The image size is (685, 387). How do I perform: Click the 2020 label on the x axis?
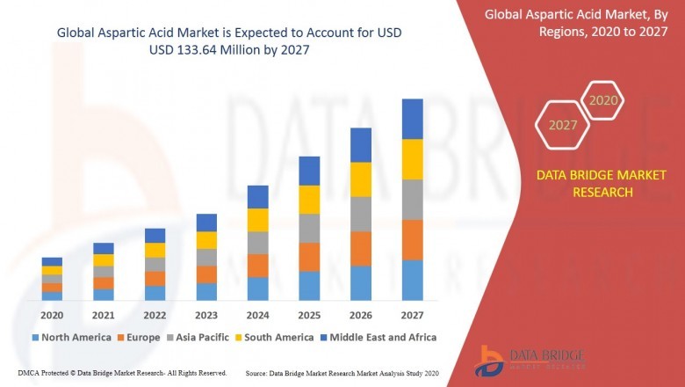coord(52,315)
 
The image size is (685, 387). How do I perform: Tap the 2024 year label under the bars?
coord(257,315)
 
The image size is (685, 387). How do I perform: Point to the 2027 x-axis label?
coord(412,315)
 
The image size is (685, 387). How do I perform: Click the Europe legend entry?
coord(139,337)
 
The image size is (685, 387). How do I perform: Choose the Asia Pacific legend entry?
coord(198,337)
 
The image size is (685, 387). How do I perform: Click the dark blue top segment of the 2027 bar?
coord(412,119)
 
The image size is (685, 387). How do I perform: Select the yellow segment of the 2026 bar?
coord(361,179)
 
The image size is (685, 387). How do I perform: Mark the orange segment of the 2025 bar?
coord(309,257)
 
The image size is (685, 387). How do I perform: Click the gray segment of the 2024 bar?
coord(257,243)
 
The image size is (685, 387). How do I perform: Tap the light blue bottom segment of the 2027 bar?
coord(412,280)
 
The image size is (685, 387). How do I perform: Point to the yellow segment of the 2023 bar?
coord(206,240)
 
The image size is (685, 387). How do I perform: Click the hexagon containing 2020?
coord(603,101)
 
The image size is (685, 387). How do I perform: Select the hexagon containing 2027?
coord(563,125)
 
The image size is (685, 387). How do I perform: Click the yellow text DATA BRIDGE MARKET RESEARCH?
coord(585,184)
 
